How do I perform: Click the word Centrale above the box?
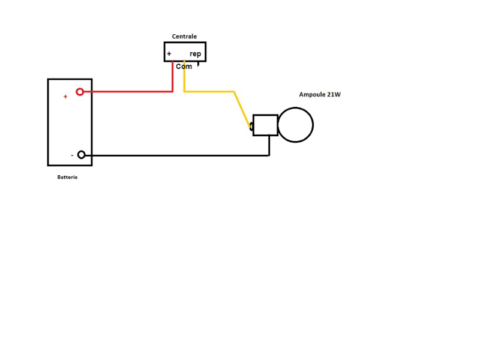[x=184, y=37]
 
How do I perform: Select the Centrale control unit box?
[x=185, y=52]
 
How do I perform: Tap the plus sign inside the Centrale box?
[x=169, y=54]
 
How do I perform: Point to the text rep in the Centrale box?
[x=195, y=54]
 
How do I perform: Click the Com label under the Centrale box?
[x=184, y=67]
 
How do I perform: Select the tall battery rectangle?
[x=70, y=122]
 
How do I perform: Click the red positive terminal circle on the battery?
[x=80, y=92]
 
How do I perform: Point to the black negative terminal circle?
[x=82, y=155]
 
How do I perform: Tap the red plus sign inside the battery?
[x=65, y=97]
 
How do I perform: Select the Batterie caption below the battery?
[x=67, y=178]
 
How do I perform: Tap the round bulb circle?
[x=296, y=125]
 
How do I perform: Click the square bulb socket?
[x=265, y=125]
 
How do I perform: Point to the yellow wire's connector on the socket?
[x=251, y=126]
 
